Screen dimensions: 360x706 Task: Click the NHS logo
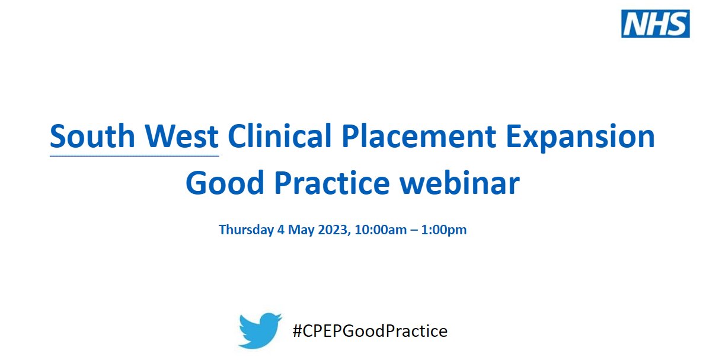pos(655,23)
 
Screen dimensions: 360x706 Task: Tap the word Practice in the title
pos(340,184)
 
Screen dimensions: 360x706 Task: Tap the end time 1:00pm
pos(444,230)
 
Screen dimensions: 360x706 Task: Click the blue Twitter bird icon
pos(260,330)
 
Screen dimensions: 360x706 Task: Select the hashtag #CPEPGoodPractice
pos(370,330)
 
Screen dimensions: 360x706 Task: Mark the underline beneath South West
pos(134,155)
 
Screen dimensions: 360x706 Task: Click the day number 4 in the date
pos(280,230)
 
